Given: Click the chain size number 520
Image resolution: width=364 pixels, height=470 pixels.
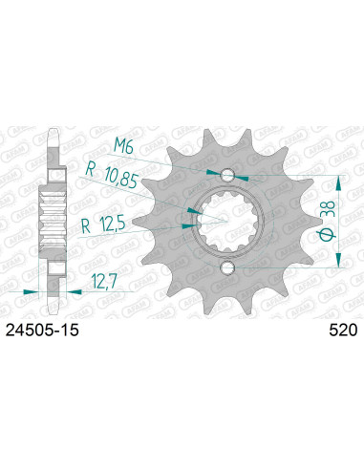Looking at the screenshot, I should (x=342, y=331).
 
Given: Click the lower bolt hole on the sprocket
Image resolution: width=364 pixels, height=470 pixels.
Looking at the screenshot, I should (x=228, y=267).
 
